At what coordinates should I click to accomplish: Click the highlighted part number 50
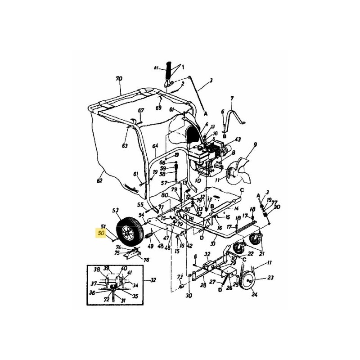tap(101, 233)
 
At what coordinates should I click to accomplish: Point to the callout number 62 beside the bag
tap(99, 180)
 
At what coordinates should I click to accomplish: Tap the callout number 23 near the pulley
tap(270, 277)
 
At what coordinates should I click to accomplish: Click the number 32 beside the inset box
tap(153, 280)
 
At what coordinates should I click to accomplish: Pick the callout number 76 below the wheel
tap(146, 260)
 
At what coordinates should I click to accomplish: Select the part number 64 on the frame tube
tap(156, 146)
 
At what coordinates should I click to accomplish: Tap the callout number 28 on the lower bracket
tap(203, 285)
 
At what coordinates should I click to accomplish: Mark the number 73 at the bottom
tap(180, 276)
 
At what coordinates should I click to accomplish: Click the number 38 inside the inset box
tap(96, 270)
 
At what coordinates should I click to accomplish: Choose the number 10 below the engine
tap(198, 180)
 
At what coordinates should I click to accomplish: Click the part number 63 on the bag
tap(125, 145)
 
